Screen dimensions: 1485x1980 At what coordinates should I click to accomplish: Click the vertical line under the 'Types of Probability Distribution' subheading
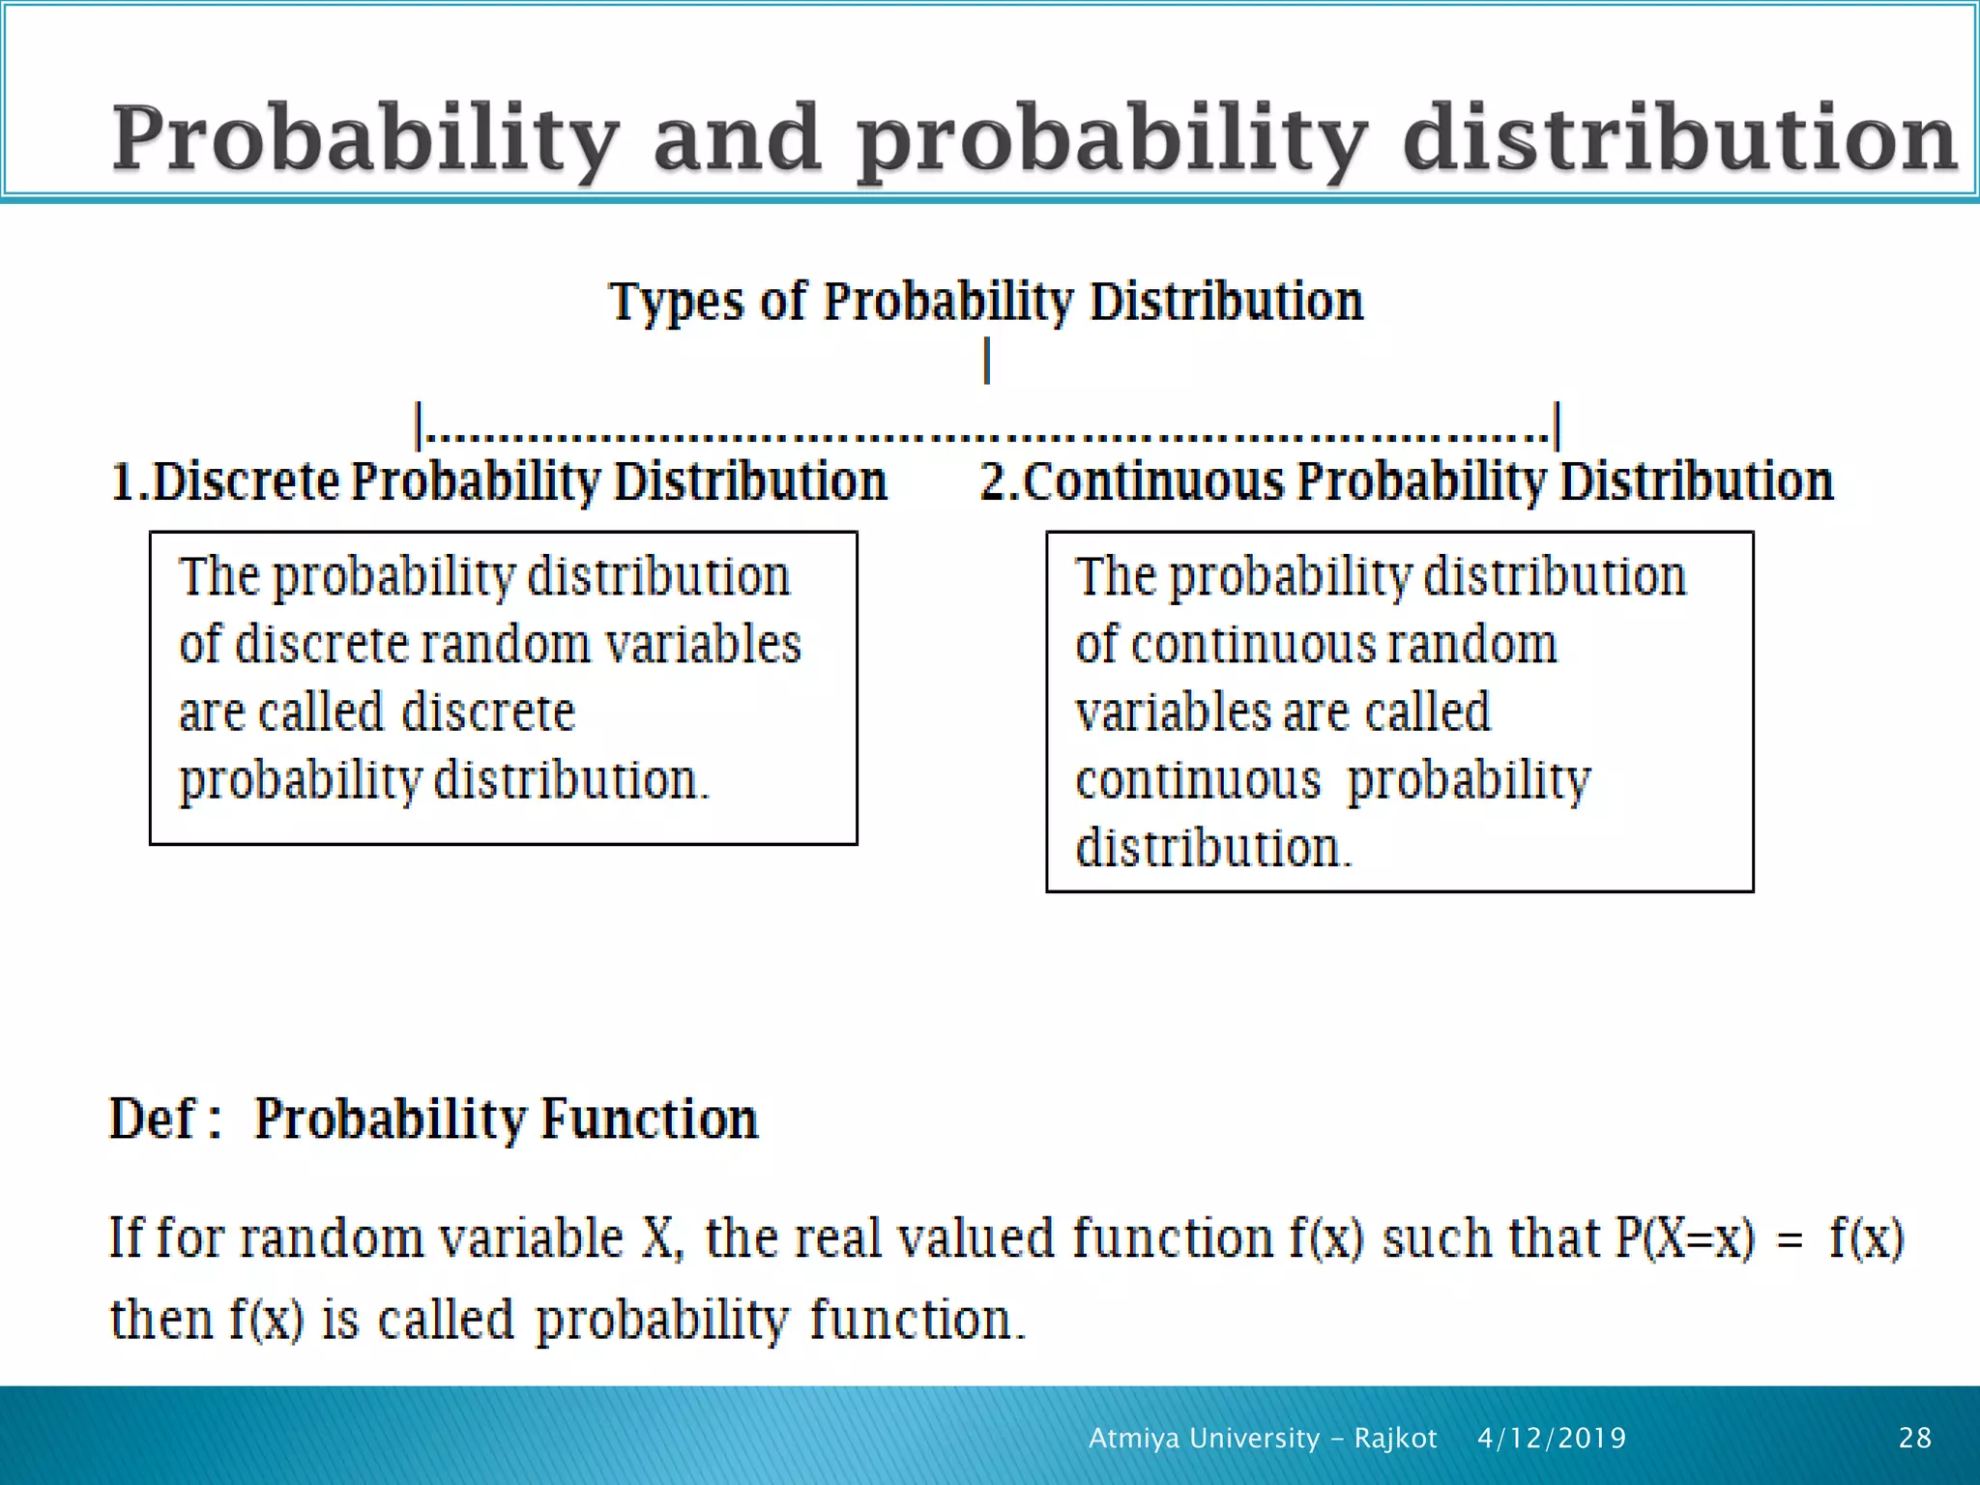pyautogui.click(x=986, y=361)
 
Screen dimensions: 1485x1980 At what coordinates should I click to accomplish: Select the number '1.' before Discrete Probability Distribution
pyautogui.click(x=130, y=481)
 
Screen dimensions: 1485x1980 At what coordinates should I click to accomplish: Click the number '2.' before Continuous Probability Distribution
pyautogui.click(x=1000, y=481)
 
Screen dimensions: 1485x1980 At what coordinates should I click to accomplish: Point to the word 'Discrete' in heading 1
pyautogui.click(x=247, y=481)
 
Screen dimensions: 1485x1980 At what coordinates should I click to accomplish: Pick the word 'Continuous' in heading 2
pyautogui.click(x=1153, y=481)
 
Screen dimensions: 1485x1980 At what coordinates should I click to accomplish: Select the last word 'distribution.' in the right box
pyautogui.click(x=1212, y=848)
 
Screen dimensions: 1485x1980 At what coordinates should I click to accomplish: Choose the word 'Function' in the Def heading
pyautogui.click(x=650, y=1120)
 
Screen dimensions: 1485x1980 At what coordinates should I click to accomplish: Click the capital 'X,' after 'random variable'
pyautogui.click(x=662, y=1238)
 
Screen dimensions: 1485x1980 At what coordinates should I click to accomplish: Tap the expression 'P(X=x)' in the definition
pyautogui.click(x=1683, y=1238)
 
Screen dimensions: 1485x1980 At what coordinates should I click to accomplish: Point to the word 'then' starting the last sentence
pyautogui.click(x=160, y=1320)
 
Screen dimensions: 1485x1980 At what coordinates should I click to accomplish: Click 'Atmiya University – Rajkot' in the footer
pyautogui.click(x=1263, y=1439)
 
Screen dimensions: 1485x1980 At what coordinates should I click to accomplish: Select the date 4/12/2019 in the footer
pyautogui.click(x=1552, y=1439)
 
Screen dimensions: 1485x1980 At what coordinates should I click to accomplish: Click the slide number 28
pyautogui.click(x=1914, y=1439)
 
